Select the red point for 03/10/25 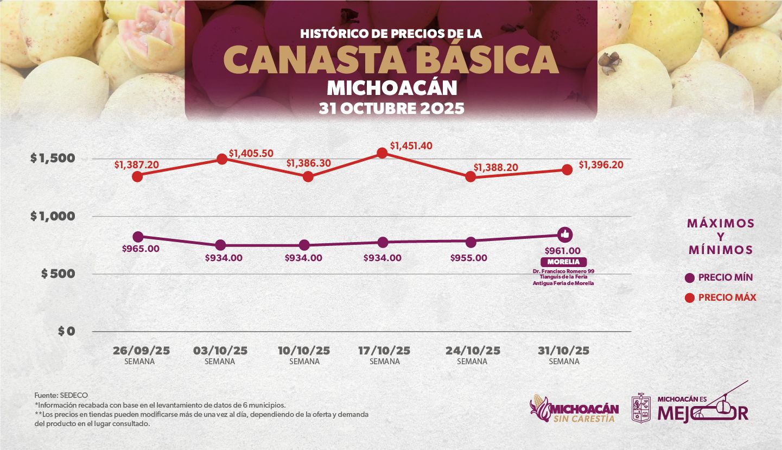[221, 159]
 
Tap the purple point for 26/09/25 [138, 237]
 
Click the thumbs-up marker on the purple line [565, 234]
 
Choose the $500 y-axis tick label [59, 274]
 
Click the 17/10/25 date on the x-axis [384, 351]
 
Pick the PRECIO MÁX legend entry [720, 297]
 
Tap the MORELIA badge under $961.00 [563, 262]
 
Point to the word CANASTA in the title [317, 60]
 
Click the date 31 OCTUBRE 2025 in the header [391, 108]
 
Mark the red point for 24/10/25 [471, 177]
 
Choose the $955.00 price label [468, 258]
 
